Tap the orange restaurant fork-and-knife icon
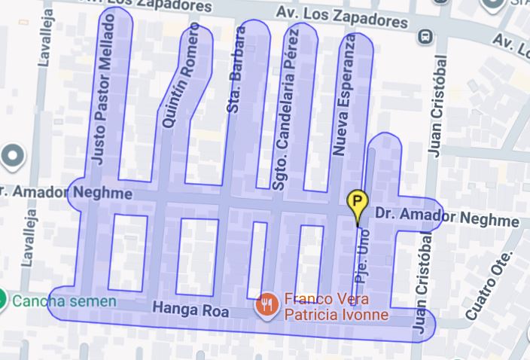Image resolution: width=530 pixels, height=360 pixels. pos(266,305)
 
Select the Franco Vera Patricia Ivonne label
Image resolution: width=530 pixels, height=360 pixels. pos(335,306)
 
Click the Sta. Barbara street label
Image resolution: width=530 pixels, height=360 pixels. pos(236,70)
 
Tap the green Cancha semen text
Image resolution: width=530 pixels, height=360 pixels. pos(65,302)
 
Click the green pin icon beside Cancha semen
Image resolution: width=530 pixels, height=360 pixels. pos(3,301)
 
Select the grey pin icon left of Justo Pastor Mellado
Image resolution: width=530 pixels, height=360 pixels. pos(13,157)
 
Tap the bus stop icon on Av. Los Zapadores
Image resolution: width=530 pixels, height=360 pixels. pos(426,35)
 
